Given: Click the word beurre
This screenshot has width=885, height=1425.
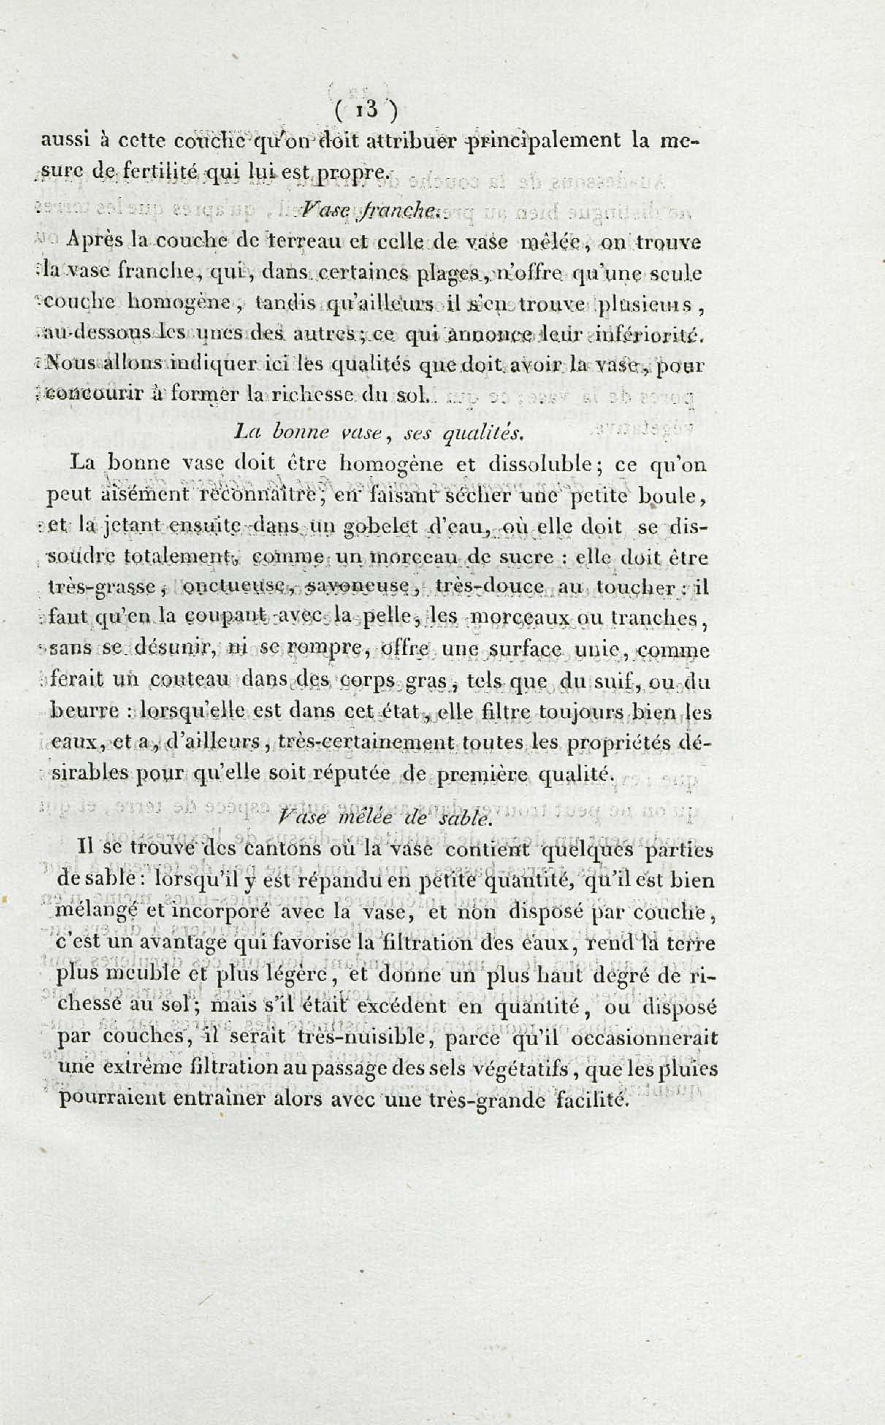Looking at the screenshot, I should pos(87,713).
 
